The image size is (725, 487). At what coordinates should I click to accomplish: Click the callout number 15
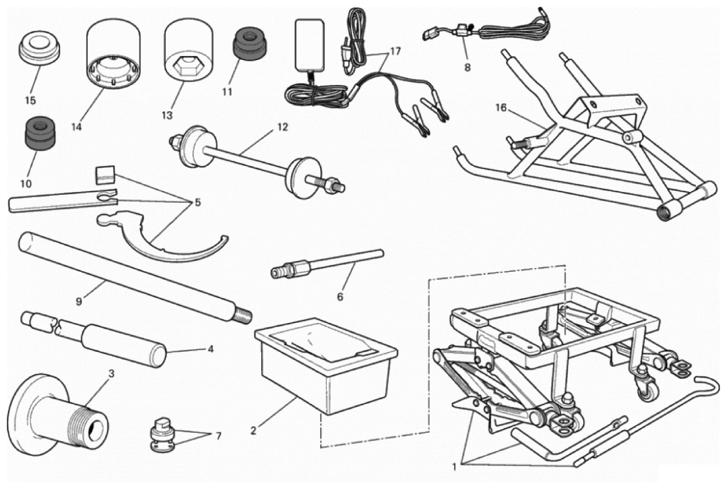pyautogui.click(x=31, y=100)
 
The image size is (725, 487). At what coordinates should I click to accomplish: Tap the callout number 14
pyautogui.click(x=77, y=126)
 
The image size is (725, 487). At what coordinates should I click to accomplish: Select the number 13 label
pyautogui.click(x=167, y=114)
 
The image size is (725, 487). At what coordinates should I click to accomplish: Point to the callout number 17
pyautogui.click(x=395, y=51)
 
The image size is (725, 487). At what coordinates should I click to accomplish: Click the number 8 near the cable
pyautogui.click(x=468, y=68)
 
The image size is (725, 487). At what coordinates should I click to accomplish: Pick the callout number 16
pyautogui.click(x=501, y=108)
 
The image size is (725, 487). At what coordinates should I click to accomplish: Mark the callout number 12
pyautogui.click(x=283, y=127)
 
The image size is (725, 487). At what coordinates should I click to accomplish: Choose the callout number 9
pyautogui.click(x=79, y=302)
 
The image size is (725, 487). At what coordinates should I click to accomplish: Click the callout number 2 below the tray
pyautogui.click(x=253, y=430)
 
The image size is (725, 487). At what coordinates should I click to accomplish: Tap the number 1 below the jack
pyautogui.click(x=455, y=467)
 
